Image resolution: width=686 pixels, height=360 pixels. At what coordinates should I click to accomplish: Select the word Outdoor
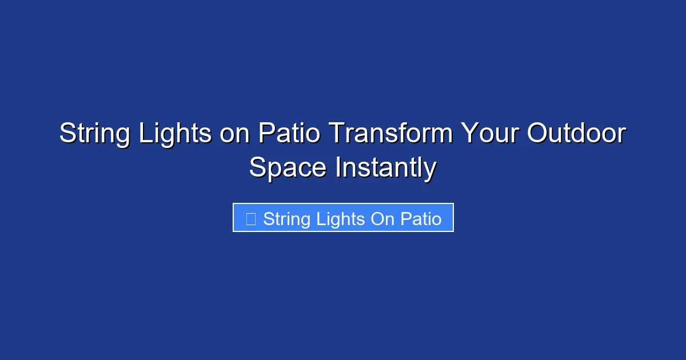(576, 134)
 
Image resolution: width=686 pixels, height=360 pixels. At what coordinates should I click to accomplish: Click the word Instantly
(385, 168)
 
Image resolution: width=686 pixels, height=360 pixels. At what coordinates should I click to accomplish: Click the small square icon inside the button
(250, 219)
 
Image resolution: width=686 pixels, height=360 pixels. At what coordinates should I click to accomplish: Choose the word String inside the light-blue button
(286, 219)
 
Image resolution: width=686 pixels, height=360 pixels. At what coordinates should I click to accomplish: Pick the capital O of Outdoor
(537, 134)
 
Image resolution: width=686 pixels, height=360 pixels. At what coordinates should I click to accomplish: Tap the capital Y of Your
(469, 134)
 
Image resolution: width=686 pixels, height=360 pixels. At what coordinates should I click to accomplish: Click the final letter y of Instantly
(430, 170)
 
